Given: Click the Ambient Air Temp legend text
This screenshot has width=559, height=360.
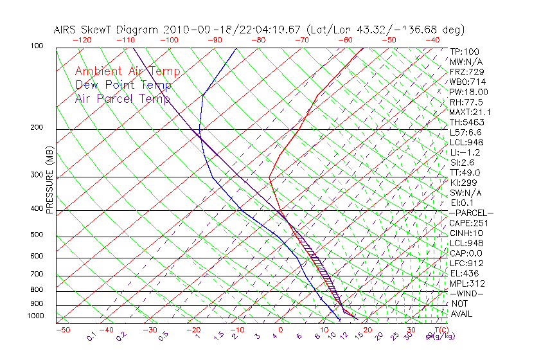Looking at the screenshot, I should (127, 71).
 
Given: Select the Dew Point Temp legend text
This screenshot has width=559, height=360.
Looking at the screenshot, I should (123, 85).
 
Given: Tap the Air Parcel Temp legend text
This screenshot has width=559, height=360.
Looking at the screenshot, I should (123, 98).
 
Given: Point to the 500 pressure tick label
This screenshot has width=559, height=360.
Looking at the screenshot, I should (37, 235).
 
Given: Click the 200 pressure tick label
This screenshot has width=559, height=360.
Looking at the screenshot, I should (37, 127).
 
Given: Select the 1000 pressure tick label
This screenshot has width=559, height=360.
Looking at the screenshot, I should (35, 316).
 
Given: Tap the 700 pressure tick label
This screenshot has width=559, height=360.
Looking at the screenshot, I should (37, 274).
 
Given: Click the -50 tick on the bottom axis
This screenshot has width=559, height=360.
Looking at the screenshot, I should (62, 330).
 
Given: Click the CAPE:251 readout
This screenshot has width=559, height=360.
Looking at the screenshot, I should (467, 223).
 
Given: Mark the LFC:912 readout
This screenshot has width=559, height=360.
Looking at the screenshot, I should (465, 263).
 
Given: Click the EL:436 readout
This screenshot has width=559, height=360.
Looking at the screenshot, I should (463, 273).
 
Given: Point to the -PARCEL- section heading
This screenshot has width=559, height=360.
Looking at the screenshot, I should (471, 213).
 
